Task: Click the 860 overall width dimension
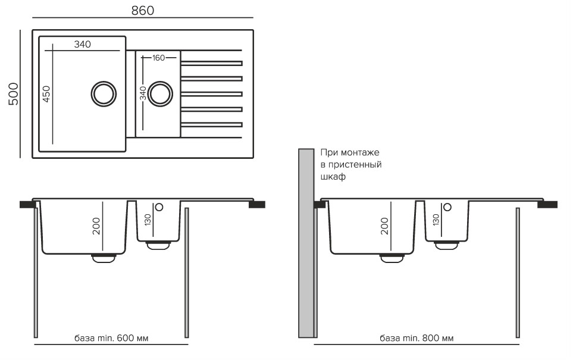tap(142, 11)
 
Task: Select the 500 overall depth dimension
tap(14, 94)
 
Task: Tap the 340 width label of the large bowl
tap(83, 45)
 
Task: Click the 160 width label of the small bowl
tap(159, 58)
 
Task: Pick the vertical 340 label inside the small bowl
tap(143, 93)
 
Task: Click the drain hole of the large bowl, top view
tap(102, 93)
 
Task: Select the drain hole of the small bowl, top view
tap(159, 93)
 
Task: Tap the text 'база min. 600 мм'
tap(111, 338)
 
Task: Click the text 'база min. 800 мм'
tap(417, 338)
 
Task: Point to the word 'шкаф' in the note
tap(333, 177)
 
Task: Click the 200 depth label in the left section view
tap(96, 226)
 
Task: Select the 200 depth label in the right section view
tap(384, 226)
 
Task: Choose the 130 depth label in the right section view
tap(436, 220)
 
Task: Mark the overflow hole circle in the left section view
tap(158, 207)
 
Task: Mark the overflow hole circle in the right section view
tap(447, 207)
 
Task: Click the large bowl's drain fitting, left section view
tap(104, 257)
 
